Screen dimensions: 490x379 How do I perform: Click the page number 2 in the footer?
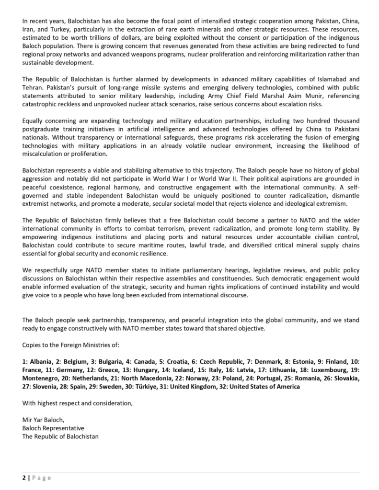click(24, 477)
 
